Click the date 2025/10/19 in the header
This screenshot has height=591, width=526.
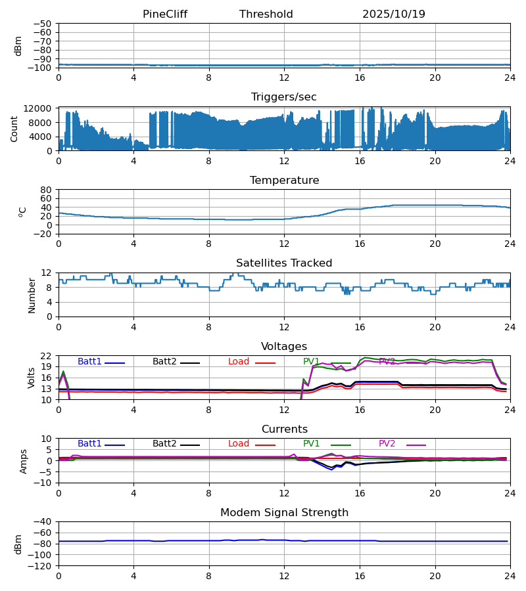pos(394,14)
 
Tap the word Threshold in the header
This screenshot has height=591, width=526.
pos(266,14)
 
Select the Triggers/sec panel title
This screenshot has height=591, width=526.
pos(284,97)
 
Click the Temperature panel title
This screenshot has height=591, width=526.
pos(284,181)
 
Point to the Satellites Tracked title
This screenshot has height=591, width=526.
pos(284,263)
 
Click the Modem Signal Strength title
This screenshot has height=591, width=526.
pos(284,513)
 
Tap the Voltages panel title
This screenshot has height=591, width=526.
pos(284,347)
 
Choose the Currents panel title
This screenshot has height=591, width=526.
pos(284,429)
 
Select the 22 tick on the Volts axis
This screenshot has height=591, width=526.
pos(46,356)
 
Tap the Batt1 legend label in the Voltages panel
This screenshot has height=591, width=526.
pos(89,362)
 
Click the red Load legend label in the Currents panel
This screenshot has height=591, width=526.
pos(239,444)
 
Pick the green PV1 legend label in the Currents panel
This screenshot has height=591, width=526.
pos(311,444)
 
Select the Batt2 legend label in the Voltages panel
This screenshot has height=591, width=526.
pos(164,362)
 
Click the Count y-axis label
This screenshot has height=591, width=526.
pos(15,129)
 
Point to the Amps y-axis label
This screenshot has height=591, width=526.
pos(24,461)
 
